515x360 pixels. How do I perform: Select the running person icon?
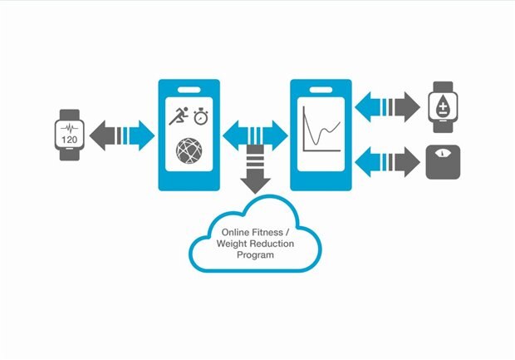[x=179, y=116]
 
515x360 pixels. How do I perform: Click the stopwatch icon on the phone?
[x=201, y=116]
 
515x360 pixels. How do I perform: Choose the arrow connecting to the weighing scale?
[x=387, y=160]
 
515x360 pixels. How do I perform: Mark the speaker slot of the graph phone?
[x=319, y=87]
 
